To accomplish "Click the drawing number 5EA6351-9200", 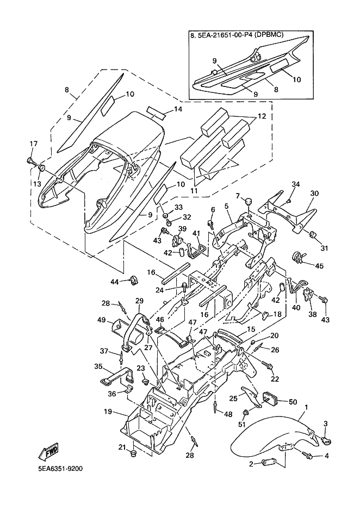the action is point(58,469).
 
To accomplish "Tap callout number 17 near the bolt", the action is point(34,144).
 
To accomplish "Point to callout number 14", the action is point(178,109).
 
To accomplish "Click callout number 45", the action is point(319,266).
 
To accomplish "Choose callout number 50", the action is point(293,402).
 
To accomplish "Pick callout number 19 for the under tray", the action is point(108,412).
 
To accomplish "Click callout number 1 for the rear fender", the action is point(306,407).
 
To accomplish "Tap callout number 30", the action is point(314,193).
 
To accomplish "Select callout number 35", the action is point(98,366).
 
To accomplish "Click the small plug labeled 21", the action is point(132,453).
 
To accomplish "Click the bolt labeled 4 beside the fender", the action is point(307,455).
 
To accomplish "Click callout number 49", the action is point(102,320).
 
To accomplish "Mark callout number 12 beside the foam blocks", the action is point(262,116).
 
